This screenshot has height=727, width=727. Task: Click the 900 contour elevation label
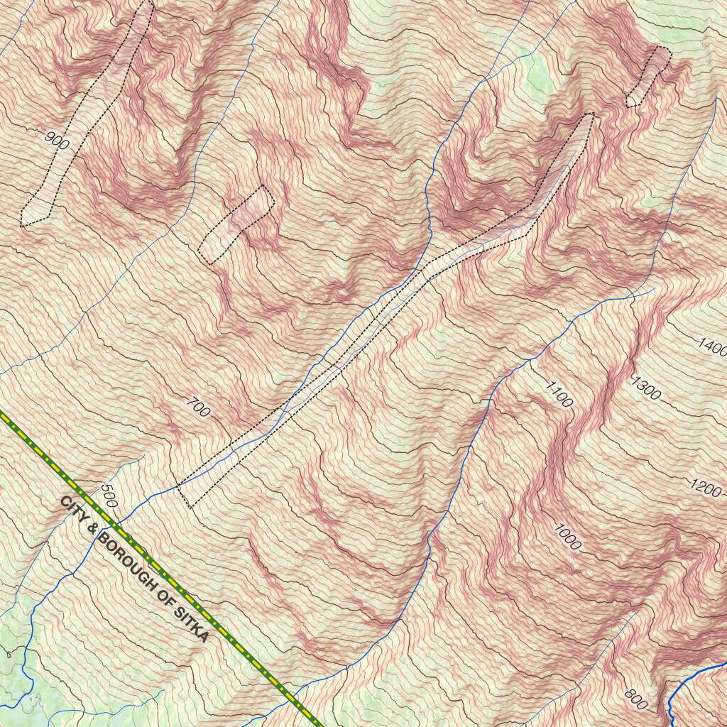[x=57, y=140]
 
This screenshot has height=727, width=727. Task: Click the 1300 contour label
[x=645, y=389]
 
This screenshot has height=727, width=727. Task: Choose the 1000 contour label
[x=568, y=537]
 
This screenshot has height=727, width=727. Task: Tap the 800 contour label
[x=635, y=699]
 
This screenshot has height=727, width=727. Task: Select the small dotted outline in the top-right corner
[x=648, y=77]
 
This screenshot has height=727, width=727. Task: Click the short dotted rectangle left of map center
[x=236, y=224]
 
